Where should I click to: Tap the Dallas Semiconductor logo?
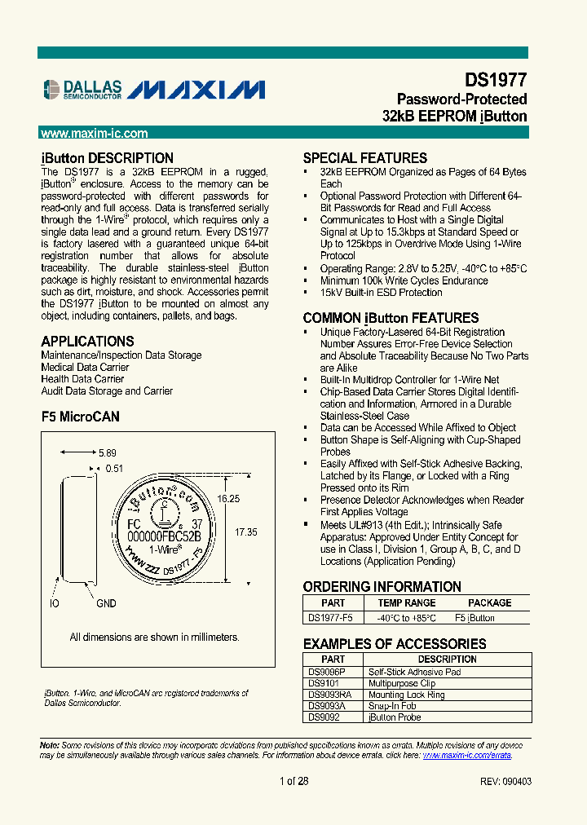point(82,89)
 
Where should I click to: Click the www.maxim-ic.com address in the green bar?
point(94,134)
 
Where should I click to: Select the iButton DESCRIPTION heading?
point(107,158)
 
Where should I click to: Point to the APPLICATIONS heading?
point(87,342)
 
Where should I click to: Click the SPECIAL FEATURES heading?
point(364,158)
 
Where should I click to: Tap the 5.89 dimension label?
point(108,453)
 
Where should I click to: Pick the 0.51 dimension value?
point(114,468)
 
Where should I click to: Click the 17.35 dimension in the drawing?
point(246,532)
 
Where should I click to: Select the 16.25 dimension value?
point(228,499)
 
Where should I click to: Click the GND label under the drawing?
point(106,603)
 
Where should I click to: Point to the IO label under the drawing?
point(54,603)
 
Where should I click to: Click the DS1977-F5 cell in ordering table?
point(331,618)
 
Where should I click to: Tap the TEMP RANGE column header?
point(407,603)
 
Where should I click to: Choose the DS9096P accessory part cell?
point(327,672)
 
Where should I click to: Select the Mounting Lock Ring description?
point(406,695)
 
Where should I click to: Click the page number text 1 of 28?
point(293,781)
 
